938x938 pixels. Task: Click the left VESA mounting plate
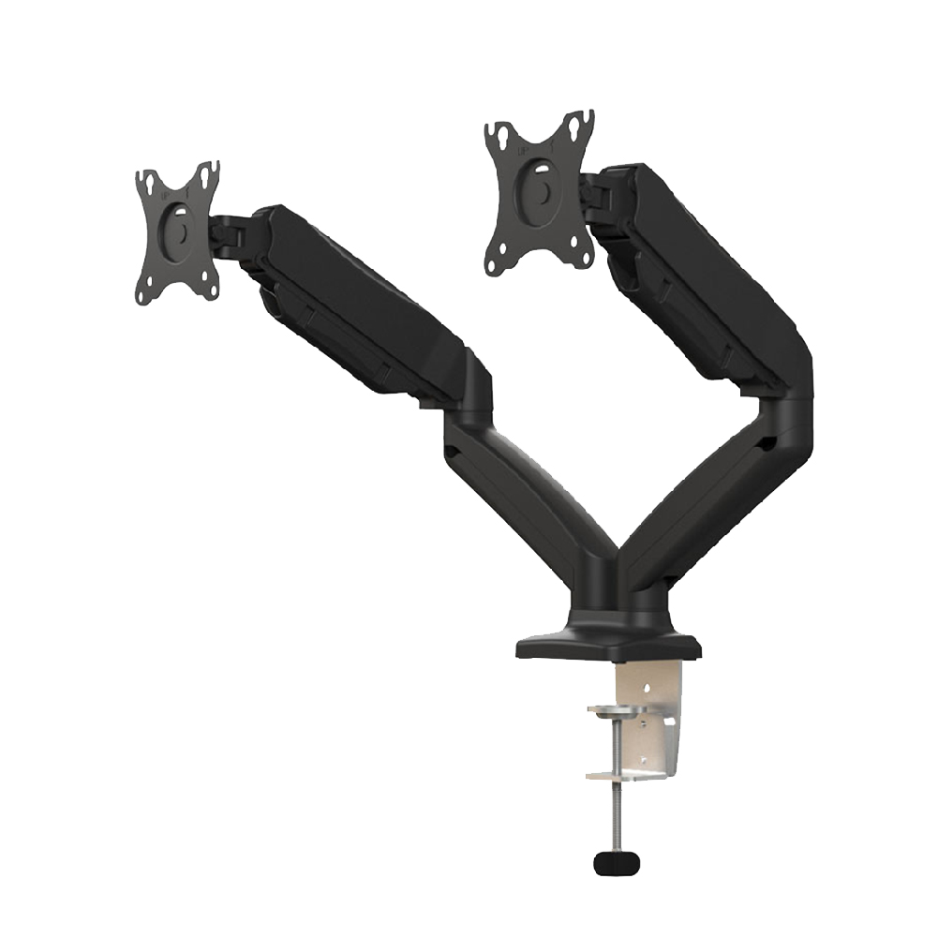point(178,232)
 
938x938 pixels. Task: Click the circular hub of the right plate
point(542,186)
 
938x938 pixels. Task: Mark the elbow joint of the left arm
point(469,403)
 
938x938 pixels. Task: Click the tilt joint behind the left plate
point(230,234)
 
